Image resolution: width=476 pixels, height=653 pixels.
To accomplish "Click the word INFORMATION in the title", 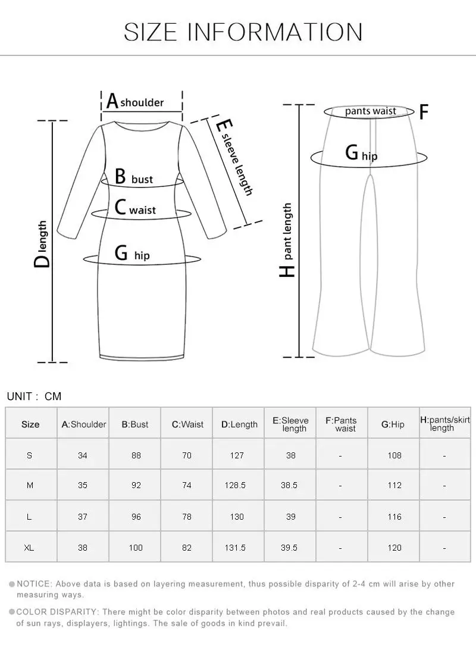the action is (275, 31).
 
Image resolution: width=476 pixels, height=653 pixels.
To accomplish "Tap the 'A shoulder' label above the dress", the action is (135, 101).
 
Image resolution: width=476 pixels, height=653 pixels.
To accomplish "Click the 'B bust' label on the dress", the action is (133, 177).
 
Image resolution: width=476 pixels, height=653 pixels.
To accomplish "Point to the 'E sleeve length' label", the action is (233, 158).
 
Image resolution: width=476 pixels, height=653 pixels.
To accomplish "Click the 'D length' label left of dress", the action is (42, 244).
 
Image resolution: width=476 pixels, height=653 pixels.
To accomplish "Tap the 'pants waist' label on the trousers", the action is (370, 111).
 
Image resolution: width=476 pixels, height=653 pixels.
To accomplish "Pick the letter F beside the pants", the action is (424, 112).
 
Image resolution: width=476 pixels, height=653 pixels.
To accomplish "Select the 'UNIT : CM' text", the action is (34, 396).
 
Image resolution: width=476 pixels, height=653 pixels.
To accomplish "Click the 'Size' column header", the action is (30, 424).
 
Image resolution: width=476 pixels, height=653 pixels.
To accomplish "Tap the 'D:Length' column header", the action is (239, 424).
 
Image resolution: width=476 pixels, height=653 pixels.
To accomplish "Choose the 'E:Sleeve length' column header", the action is (290, 424).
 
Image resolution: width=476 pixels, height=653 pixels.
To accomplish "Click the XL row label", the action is (30, 548).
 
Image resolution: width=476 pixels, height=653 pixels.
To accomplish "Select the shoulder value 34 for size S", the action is (83, 455).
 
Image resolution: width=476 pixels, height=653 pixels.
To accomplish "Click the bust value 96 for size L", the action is (136, 517).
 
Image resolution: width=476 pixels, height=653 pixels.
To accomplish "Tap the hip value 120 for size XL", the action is (394, 548).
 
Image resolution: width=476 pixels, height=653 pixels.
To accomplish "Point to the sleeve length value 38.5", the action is (289, 486).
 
